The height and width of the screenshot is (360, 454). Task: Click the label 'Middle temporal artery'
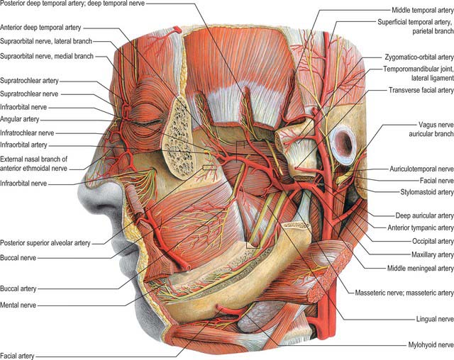pos(423,11)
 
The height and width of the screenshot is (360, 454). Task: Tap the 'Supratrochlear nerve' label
pos(29,94)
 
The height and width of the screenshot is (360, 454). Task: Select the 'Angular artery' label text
pos(19,119)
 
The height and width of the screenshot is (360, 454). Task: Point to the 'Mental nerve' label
pos(18,305)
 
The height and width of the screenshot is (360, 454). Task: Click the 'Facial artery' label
pos(17,356)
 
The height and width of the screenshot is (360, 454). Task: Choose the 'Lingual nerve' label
pos(435,319)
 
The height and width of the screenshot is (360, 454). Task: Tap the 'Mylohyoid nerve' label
pos(431,344)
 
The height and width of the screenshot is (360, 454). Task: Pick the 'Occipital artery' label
pos(433,241)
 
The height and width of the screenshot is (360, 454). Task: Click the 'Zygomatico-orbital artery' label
pos(419,57)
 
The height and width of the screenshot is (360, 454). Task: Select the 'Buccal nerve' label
pos(18,258)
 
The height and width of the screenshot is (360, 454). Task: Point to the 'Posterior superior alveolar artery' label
pos(45,243)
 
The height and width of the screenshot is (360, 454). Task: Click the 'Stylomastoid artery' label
pos(427,192)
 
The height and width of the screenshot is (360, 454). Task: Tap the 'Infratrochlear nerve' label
pos(27,133)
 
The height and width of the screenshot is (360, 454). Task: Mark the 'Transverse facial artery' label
pos(421,91)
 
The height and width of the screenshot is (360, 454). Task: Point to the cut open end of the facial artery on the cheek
pos(188,267)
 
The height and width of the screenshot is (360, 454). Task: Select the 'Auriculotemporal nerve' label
pos(421,169)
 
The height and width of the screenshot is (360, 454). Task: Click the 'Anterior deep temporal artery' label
pos(40,28)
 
